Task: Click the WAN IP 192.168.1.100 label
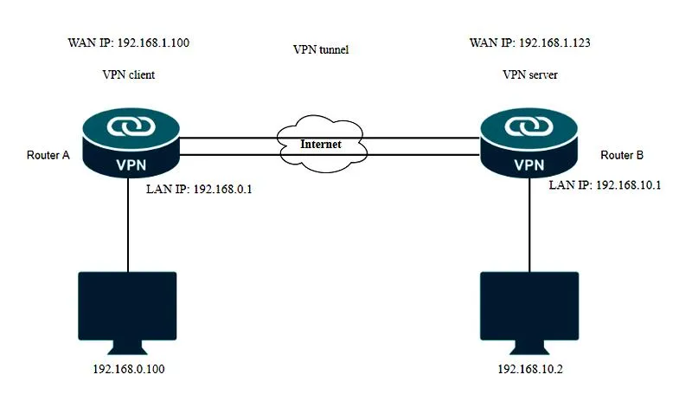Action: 128,42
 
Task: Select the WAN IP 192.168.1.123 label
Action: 529,42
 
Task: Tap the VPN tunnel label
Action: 321,49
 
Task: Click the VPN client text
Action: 128,74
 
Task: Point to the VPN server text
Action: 529,74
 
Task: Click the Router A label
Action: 48,155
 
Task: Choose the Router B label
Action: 622,155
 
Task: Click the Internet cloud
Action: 322,144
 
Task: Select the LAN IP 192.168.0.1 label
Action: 199,189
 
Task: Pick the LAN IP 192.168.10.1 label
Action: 605,184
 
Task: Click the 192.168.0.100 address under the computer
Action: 128,369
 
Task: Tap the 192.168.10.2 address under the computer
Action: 530,369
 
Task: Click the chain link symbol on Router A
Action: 131,126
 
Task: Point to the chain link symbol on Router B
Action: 529,126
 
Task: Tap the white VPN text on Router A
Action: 131,165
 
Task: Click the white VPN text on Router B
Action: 529,165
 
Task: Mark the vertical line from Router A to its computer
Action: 128,224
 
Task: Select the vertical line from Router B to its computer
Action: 529,224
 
